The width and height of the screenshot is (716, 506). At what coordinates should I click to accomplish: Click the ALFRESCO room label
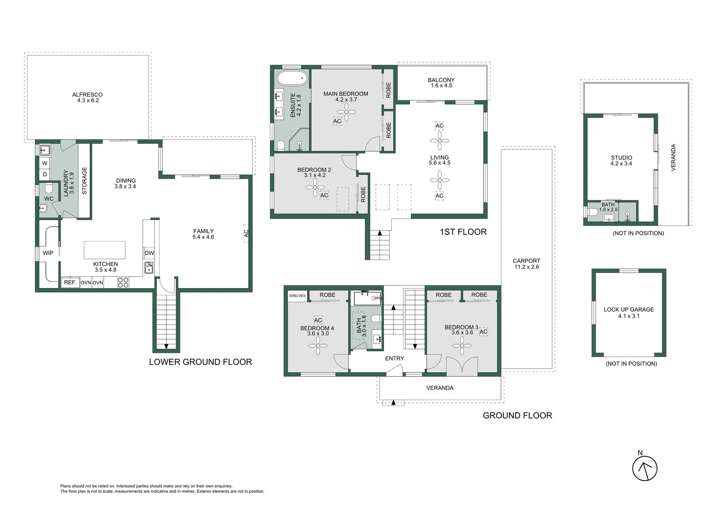pos(87,95)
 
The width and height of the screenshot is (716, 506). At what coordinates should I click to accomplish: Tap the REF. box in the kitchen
pos(70,283)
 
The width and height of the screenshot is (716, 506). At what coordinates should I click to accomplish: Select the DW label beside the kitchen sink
pos(149,253)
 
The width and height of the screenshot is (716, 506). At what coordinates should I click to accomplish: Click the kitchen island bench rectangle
pos(104,250)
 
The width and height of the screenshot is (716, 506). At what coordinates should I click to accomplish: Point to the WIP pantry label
pos(48,253)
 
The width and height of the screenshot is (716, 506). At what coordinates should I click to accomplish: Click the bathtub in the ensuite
pos(292,78)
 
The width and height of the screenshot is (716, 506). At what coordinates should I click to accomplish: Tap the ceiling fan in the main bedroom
pos(346,112)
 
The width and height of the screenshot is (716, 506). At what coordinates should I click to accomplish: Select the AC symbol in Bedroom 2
pos(324,195)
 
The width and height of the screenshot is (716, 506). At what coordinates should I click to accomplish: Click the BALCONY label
pos(441,80)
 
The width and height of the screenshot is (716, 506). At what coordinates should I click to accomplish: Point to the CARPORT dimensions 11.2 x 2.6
pos(526,267)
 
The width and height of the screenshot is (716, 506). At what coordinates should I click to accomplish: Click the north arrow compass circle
pos(645,469)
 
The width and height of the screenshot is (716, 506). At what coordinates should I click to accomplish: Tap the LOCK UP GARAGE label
pos(629,309)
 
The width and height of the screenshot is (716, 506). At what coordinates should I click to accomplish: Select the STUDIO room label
pos(621,157)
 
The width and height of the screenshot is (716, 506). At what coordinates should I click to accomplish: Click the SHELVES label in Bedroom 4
pos(297,296)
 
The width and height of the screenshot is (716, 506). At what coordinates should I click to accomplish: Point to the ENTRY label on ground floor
pos(395,358)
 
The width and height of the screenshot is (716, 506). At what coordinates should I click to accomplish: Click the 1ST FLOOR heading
pos(463,232)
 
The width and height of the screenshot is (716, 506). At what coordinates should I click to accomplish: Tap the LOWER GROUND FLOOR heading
pos(201,362)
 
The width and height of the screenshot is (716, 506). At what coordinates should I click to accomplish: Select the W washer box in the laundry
pos(45,164)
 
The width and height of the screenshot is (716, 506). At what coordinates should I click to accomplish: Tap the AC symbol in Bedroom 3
pos(483,332)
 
